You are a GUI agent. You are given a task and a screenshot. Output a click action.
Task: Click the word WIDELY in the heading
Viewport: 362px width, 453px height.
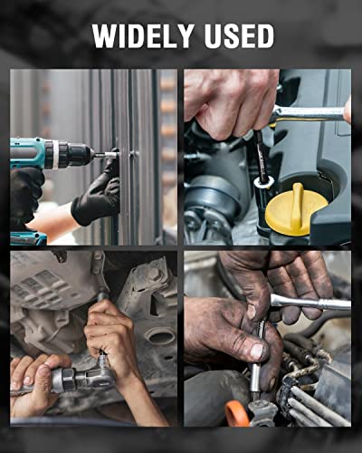[x=143, y=36]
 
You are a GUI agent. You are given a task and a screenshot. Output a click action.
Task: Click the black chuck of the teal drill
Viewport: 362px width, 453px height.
[x=79, y=154]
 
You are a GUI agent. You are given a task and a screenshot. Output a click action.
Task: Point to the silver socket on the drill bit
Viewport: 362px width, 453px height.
[x=107, y=155]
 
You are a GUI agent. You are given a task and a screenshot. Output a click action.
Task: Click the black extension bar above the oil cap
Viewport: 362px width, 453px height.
[x=262, y=156]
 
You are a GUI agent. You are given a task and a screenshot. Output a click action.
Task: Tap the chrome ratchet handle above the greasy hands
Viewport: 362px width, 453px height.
[x=310, y=303]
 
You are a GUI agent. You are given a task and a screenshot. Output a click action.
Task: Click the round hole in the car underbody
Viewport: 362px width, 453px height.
[x=160, y=336]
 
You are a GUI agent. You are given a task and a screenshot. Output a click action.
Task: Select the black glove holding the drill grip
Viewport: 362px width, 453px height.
[x=26, y=192]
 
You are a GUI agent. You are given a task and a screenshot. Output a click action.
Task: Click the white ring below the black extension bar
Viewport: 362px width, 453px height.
[x=264, y=182]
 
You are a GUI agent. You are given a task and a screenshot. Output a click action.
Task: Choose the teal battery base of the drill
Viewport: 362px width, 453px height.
[x=28, y=237]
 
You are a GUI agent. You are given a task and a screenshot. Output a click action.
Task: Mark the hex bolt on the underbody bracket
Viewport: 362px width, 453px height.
[x=154, y=275]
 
